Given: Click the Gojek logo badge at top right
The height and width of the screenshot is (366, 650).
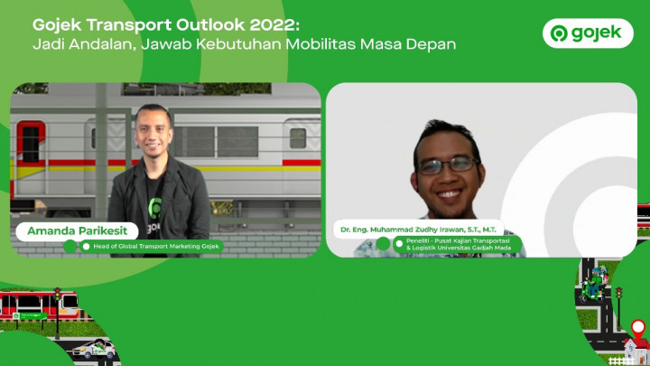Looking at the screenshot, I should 588,33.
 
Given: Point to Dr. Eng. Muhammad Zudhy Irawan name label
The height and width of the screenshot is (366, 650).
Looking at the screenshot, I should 418,230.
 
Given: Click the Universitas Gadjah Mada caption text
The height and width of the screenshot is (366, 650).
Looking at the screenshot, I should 459,248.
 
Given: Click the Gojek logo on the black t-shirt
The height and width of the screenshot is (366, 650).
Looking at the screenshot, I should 156,208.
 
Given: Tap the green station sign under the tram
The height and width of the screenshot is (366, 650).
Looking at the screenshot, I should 32,316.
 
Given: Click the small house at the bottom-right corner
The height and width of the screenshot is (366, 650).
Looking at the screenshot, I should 635,351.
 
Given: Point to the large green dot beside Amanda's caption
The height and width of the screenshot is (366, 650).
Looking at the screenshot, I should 70,246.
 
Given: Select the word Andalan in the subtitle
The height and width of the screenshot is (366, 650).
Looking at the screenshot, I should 102,43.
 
